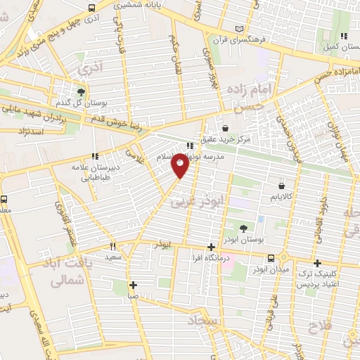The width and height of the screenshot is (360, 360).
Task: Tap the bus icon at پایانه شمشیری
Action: point(93,8)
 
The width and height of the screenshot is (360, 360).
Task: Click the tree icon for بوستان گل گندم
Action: point(82,92)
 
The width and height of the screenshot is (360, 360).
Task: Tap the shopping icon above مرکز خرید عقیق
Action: point(225,128)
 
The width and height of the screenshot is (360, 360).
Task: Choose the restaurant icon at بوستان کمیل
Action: point(343,36)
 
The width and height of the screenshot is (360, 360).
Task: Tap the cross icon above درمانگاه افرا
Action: point(211,247)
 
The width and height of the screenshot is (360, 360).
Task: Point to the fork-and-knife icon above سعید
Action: point(112,247)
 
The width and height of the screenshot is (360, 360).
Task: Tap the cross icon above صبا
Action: point(134,285)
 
